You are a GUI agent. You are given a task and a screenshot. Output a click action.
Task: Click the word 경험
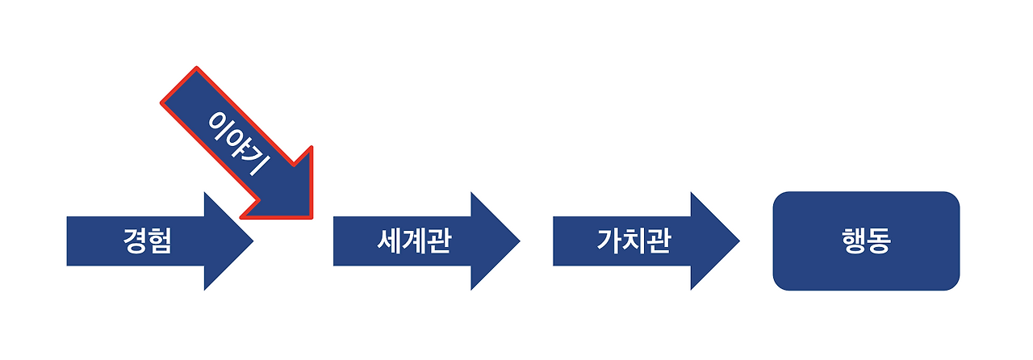click(148, 241)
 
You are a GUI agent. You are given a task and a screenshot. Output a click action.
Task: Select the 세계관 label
click(412, 241)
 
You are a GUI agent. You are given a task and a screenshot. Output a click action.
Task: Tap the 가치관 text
click(634, 241)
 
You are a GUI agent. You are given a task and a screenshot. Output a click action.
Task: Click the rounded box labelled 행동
click(866, 241)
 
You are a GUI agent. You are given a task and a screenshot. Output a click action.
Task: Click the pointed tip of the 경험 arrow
click(252, 241)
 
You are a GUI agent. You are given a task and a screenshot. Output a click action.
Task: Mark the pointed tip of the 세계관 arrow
click(519, 241)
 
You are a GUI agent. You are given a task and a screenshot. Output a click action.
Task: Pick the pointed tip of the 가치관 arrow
click(738, 241)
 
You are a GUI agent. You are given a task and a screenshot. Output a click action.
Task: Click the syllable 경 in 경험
click(136, 241)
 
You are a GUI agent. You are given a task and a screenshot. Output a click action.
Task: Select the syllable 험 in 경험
click(160, 241)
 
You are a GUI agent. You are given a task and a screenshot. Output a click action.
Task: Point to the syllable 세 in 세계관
click(389, 241)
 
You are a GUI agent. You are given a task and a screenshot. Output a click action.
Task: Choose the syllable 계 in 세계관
click(412, 241)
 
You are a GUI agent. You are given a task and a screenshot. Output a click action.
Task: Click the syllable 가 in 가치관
click(609, 241)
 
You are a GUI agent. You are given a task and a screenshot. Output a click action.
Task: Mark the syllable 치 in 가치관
click(634, 241)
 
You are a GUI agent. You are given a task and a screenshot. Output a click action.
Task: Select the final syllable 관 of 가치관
click(658, 241)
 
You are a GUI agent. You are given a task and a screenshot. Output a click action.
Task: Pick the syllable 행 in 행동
click(854, 241)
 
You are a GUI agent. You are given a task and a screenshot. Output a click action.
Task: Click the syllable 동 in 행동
click(879, 241)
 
